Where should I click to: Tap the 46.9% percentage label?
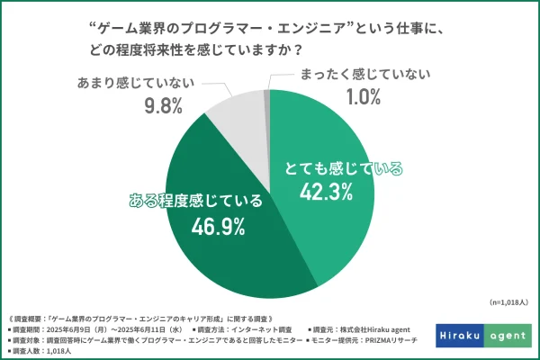(219, 226)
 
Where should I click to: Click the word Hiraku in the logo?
(460, 336)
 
